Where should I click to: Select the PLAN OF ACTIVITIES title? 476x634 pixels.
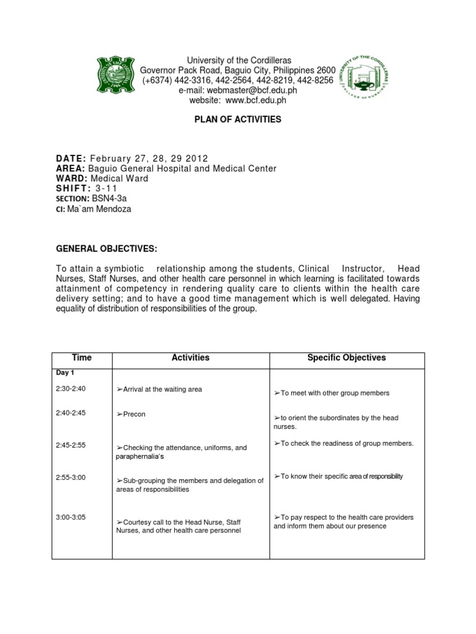pyautogui.click(x=238, y=119)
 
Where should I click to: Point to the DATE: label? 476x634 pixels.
pyautogui.click(x=71, y=158)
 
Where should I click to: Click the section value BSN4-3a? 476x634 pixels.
pyautogui.click(x=115, y=199)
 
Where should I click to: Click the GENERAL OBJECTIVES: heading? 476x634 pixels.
pyautogui.click(x=106, y=249)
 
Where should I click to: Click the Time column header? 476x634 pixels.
pyautogui.click(x=82, y=358)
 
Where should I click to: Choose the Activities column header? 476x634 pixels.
pyautogui.click(x=190, y=358)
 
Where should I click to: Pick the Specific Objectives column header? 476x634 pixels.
pyautogui.click(x=346, y=358)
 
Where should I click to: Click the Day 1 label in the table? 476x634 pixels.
pyautogui.click(x=64, y=373)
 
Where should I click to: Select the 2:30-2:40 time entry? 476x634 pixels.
pyautogui.click(x=71, y=389)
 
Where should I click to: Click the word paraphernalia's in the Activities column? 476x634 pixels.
pyautogui.click(x=141, y=456)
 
